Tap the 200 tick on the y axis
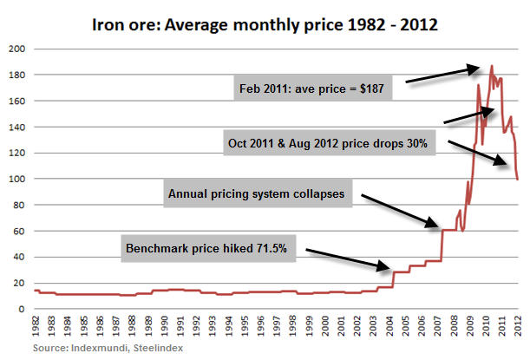[15, 49]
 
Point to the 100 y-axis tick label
[15, 179]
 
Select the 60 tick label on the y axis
[17, 231]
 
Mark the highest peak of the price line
[492, 65]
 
